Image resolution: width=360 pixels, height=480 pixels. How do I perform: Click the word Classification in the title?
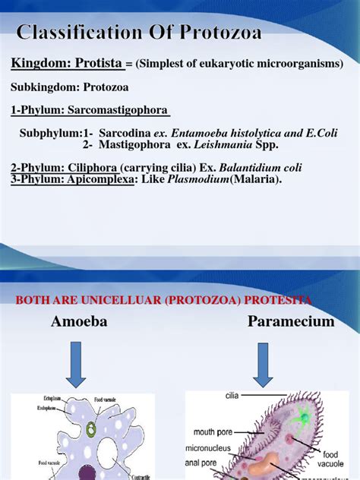[90, 33]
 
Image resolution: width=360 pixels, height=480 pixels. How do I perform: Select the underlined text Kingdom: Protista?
[67, 64]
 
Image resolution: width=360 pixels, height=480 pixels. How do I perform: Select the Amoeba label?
[79, 322]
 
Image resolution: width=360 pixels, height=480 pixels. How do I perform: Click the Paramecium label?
[291, 322]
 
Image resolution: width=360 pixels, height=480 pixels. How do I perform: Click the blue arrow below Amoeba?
[79, 365]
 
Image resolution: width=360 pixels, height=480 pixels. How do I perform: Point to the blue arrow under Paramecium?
[264, 365]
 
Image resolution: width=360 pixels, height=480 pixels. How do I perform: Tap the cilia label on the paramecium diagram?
[232, 396]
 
